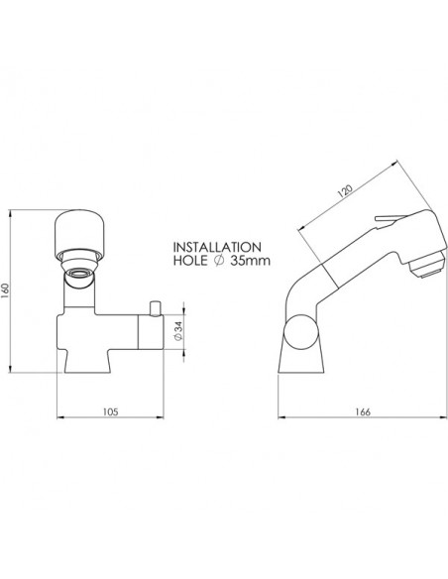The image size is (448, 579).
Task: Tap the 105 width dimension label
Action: coord(110,411)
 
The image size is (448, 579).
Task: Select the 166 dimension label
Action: coord(363,411)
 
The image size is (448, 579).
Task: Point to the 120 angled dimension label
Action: coord(345,190)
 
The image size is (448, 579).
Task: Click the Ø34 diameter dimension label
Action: coord(177,331)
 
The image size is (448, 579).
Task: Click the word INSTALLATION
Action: coord(217,247)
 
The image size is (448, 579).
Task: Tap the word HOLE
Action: coord(190,261)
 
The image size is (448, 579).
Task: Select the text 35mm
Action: coord(250,261)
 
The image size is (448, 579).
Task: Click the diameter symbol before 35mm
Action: coord(218,261)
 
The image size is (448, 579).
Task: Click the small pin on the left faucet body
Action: coord(155,308)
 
